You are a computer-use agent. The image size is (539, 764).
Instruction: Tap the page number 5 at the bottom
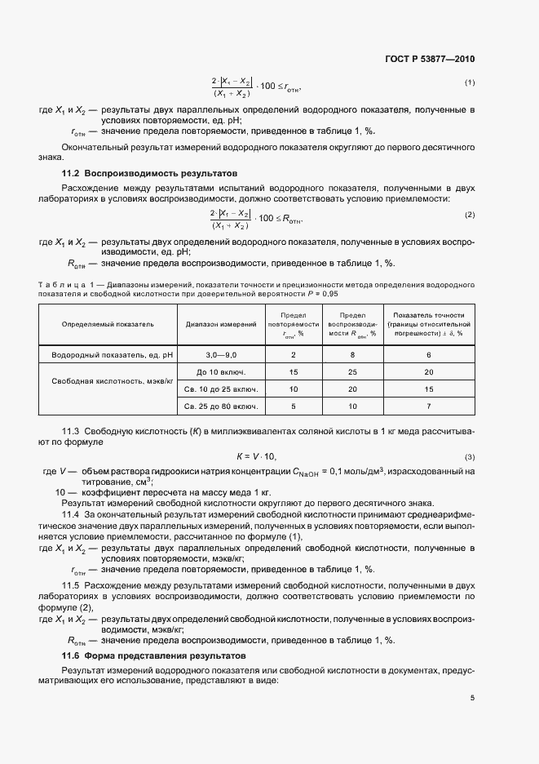pos(472,698)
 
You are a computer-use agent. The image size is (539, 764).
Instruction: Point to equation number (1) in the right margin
pos(470,82)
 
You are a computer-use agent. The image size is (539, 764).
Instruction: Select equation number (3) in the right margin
pos(470,456)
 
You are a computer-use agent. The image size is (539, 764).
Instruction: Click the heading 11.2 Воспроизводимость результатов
pos(149,174)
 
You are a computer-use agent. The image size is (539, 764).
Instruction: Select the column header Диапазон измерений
pos(221,324)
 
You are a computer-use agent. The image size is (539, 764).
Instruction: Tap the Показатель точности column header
pos(428,324)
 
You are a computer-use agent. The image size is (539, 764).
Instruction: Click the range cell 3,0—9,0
pos(221,355)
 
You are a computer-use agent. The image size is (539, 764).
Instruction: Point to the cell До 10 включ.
pos(221,372)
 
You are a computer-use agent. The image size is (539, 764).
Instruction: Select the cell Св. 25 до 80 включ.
pos(221,406)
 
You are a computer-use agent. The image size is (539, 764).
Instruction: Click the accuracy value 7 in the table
pos(428,406)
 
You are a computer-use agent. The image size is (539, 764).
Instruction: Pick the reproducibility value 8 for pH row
pos(352,355)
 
